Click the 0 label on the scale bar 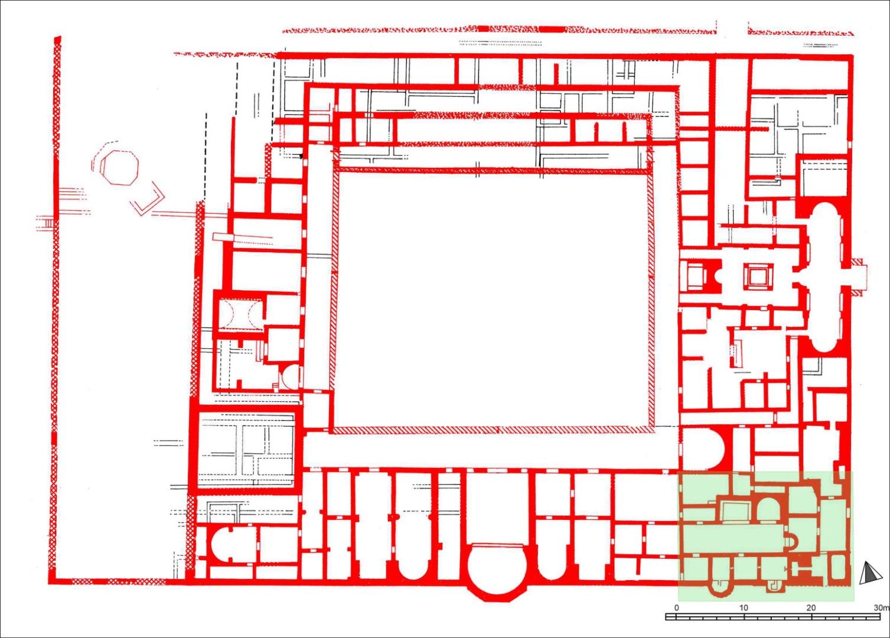[x=677, y=608]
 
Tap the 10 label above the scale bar [x=744, y=608]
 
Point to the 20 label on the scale [x=811, y=608]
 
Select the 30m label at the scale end [x=882, y=608]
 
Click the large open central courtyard [x=492, y=301]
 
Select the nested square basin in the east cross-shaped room [x=758, y=275]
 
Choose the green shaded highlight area [x=765, y=536]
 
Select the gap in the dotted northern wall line [x=732, y=31]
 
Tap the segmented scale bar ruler [x=773, y=617]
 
